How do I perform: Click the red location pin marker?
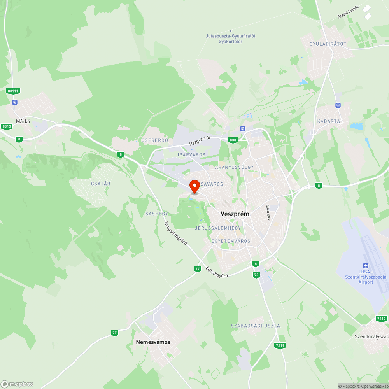click(194, 186)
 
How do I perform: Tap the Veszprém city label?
click(235, 214)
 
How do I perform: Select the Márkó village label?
click(23, 121)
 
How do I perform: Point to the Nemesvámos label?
click(153, 342)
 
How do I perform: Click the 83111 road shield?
click(13, 91)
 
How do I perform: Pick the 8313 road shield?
click(7, 126)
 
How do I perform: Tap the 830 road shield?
click(233, 140)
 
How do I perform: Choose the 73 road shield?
click(256, 275)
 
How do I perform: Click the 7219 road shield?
click(279, 345)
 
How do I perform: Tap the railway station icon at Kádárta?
click(338, 105)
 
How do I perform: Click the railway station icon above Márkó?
click(15, 102)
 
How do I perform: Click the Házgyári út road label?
click(200, 140)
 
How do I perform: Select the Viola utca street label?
click(268, 213)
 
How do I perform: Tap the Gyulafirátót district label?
click(328, 44)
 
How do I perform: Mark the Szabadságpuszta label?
click(255, 326)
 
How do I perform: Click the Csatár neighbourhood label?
click(101, 184)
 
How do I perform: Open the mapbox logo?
click(17, 384)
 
